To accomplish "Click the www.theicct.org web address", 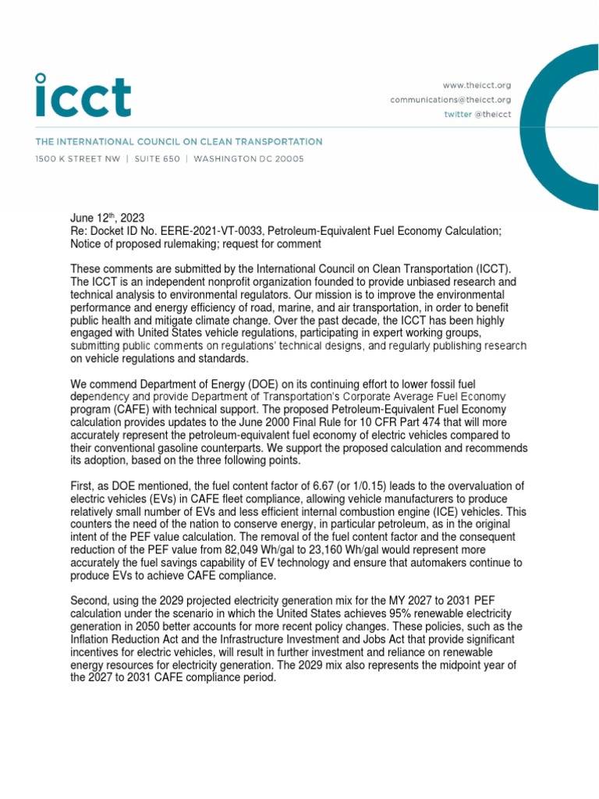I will click(x=477, y=85).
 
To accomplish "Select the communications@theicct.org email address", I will click(x=451, y=100).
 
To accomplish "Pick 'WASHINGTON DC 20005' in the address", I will click(x=249, y=159).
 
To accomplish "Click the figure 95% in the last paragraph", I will click(x=414, y=614).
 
